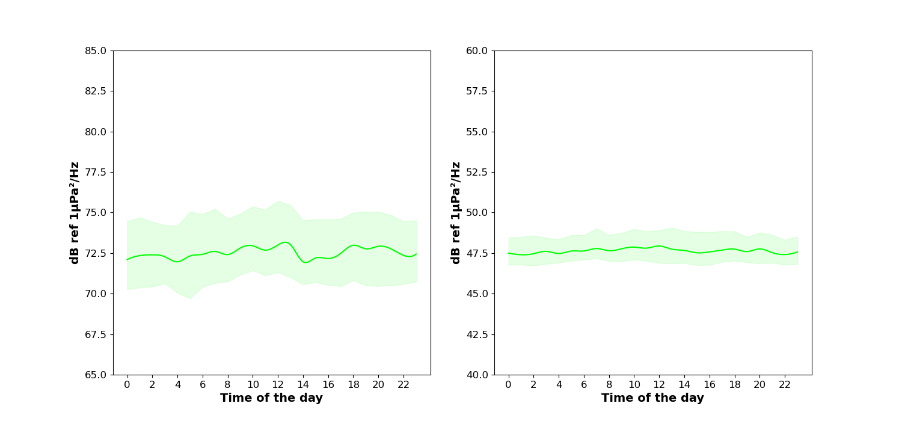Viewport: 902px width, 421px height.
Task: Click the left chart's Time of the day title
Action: point(271,398)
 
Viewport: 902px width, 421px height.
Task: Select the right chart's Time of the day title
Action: point(652,398)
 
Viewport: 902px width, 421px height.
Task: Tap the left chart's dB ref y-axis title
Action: point(75,212)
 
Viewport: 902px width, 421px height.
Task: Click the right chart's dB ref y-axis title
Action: point(456,212)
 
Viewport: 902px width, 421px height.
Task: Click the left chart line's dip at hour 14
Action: point(305,262)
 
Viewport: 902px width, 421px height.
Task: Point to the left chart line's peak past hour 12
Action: point(285,242)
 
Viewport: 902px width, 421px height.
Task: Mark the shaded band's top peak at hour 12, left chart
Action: point(278,201)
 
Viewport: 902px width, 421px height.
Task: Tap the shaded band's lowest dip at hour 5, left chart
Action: point(190,298)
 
